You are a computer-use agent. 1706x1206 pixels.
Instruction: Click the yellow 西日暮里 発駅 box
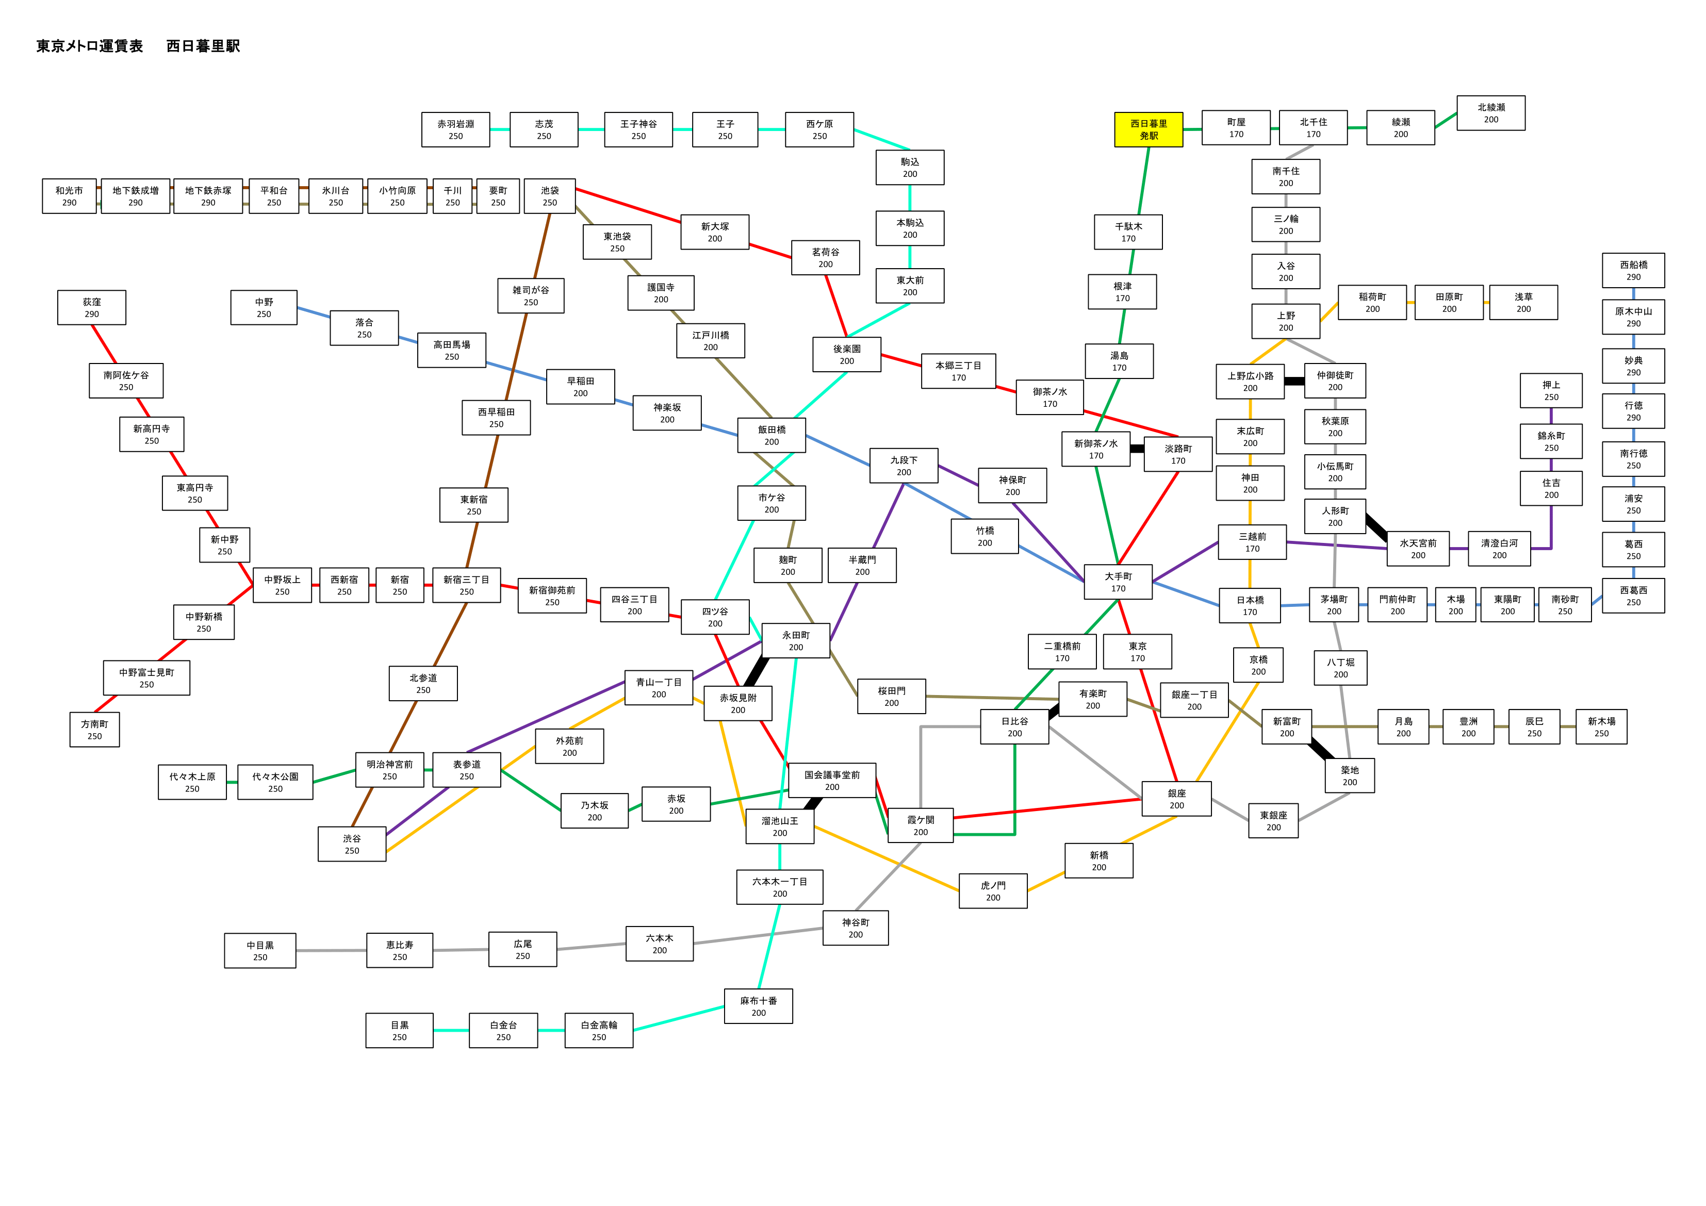1148,129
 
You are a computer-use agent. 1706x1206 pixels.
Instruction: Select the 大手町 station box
1118,582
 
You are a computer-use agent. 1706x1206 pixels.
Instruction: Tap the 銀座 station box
1177,799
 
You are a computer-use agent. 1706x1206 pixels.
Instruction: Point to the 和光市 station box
69,196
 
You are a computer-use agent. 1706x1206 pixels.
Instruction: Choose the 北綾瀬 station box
1490,113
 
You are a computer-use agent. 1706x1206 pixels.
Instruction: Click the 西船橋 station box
1633,271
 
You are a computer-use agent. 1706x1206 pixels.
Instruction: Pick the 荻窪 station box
91,308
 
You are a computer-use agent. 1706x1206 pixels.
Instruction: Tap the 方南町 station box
94,730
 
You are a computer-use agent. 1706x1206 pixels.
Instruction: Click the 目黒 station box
399,1031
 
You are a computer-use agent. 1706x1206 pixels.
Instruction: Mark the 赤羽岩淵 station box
455,130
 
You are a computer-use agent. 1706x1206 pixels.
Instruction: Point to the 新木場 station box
1601,726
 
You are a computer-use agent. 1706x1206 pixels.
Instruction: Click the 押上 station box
1551,391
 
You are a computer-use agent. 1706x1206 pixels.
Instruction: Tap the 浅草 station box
1523,303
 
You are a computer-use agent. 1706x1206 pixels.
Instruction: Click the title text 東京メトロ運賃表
89,46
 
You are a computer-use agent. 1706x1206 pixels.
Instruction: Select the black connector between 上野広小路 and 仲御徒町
1294,381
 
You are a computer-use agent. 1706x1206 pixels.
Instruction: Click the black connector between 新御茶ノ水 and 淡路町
1137,449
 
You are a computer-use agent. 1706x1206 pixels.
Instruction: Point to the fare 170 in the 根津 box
1122,299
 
